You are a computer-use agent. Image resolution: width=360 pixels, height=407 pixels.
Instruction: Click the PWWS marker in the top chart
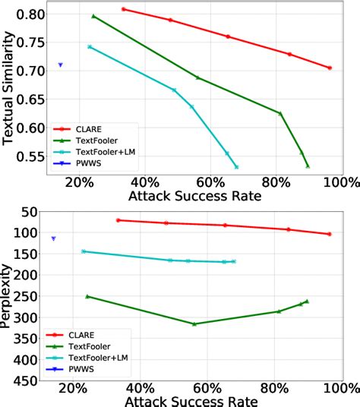[x=61, y=65]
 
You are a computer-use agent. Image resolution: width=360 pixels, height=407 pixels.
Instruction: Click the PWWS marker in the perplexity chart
[x=53, y=238]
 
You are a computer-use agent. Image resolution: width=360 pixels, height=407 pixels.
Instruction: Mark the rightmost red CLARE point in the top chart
[x=330, y=68]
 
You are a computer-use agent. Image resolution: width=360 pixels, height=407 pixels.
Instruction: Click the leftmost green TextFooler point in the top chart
[x=93, y=16]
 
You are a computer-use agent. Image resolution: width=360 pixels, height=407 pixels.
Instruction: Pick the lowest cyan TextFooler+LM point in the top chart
[x=237, y=166]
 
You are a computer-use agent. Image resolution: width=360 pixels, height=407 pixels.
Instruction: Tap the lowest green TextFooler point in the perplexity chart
[x=194, y=324]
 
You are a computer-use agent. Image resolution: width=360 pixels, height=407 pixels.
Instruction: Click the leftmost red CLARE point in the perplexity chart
[x=118, y=220]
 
